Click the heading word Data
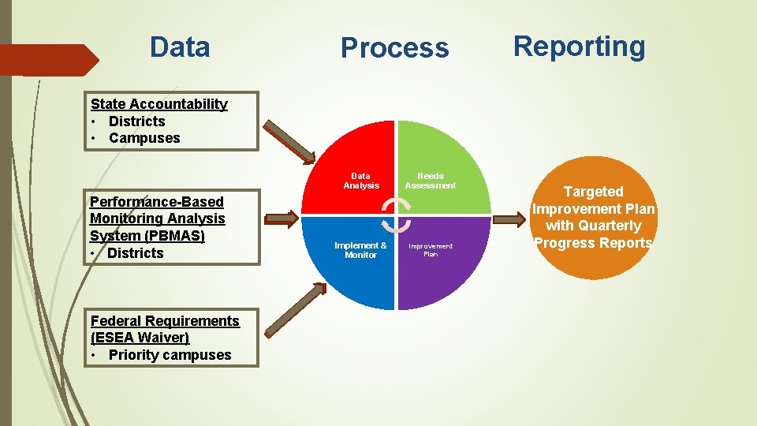pyautogui.click(x=180, y=47)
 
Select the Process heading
pyautogui.click(x=394, y=48)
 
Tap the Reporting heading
pyautogui.click(x=579, y=47)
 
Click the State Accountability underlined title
pyautogui.click(x=158, y=104)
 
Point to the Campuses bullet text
pyautogui.click(x=144, y=138)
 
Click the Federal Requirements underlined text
pyautogui.click(x=165, y=321)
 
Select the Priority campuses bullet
pyautogui.click(x=170, y=355)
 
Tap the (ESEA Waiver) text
pyautogui.click(x=140, y=338)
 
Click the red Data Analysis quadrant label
pyautogui.click(x=360, y=181)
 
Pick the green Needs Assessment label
pyautogui.click(x=430, y=181)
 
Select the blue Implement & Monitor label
pyautogui.click(x=360, y=250)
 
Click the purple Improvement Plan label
pyautogui.click(x=431, y=250)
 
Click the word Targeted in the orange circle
pyautogui.click(x=593, y=192)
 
